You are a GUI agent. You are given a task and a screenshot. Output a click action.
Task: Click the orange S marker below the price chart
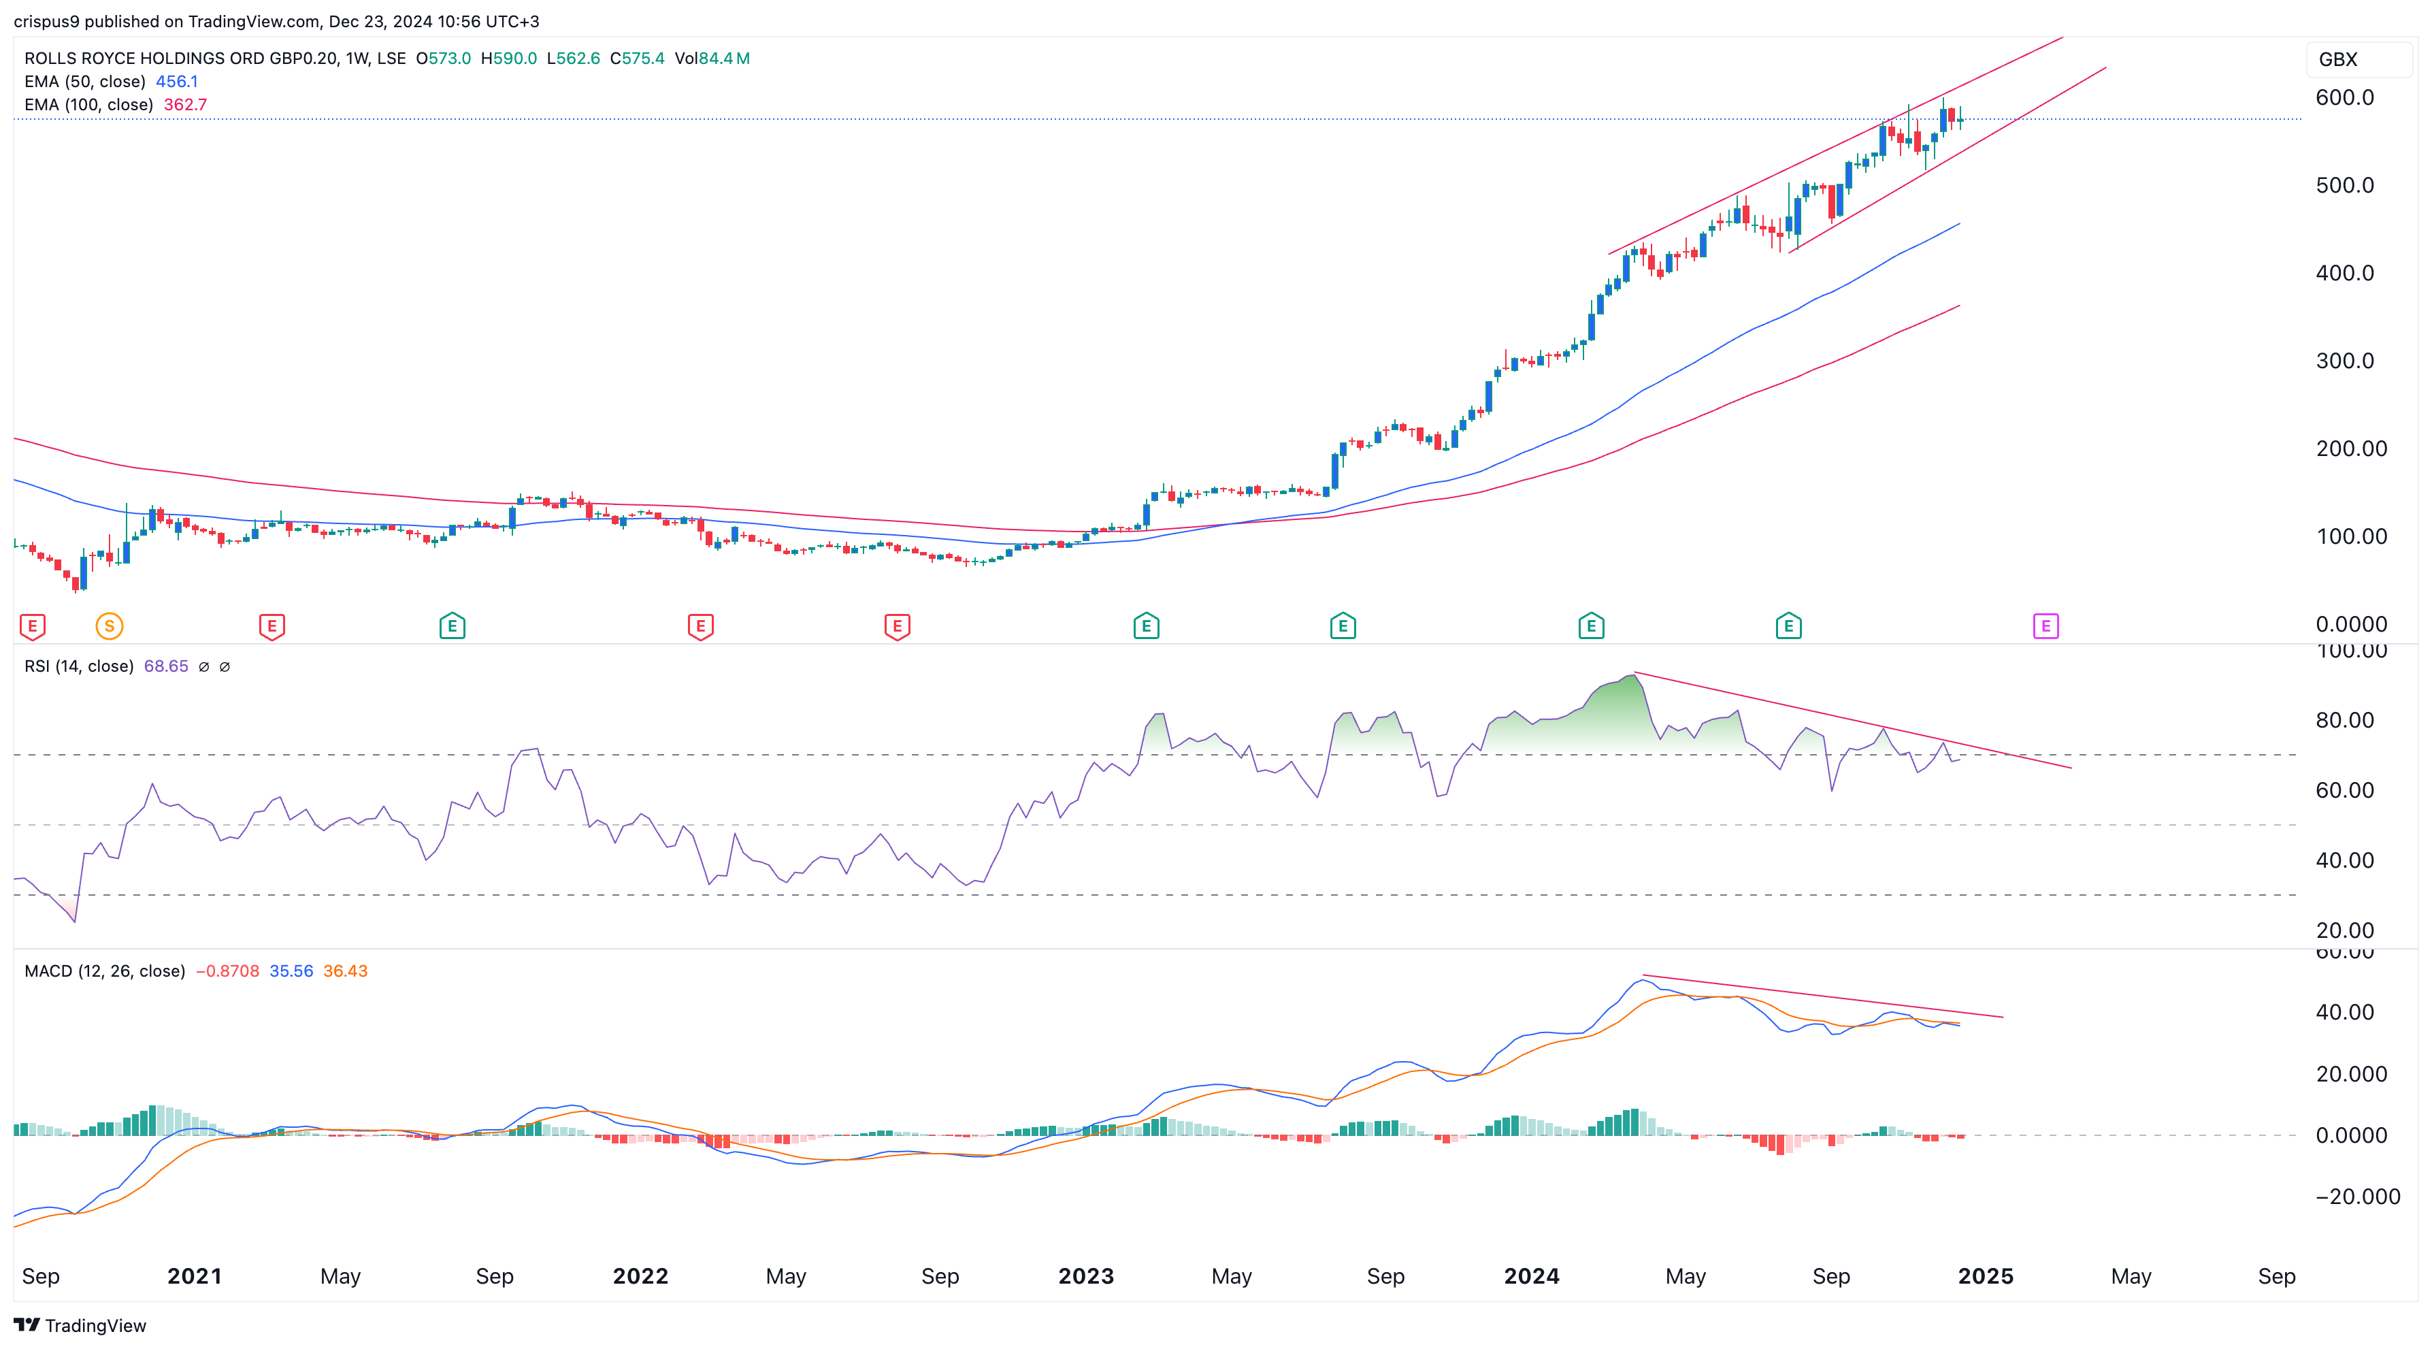[110, 626]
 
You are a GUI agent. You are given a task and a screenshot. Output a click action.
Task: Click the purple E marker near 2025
[2045, 626]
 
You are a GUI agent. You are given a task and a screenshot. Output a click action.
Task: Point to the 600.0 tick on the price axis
[2344, 97]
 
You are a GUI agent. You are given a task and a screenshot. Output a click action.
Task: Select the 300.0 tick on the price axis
[2344, 361]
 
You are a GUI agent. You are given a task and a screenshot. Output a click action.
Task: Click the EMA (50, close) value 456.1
[176, 81]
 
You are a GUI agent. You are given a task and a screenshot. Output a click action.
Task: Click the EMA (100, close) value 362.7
[185, 105]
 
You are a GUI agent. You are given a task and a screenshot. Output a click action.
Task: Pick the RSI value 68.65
[166, 666]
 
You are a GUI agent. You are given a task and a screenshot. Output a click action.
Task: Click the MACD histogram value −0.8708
[227, 971]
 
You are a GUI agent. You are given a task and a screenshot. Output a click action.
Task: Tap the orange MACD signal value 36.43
[346, 971]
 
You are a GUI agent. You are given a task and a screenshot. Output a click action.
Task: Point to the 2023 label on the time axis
[1086, 1276]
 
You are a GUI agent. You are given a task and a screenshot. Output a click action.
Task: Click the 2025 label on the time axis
[1986, 1276]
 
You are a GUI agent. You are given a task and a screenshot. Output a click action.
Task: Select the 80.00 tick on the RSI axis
[2344, 720]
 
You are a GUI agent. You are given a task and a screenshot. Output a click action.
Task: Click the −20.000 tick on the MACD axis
[2357, 1197]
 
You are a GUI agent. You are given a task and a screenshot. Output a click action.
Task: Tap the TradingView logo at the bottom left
[80, 1325]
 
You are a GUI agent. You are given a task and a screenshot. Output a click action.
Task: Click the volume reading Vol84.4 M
[712, 59]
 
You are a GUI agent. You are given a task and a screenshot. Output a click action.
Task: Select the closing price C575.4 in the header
[638, 59]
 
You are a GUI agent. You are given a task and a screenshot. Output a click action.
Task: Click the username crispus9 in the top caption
[46, 21]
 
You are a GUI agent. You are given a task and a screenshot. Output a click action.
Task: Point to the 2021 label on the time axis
[195, 1276]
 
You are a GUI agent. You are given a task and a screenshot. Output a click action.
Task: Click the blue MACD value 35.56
[291, 971]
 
